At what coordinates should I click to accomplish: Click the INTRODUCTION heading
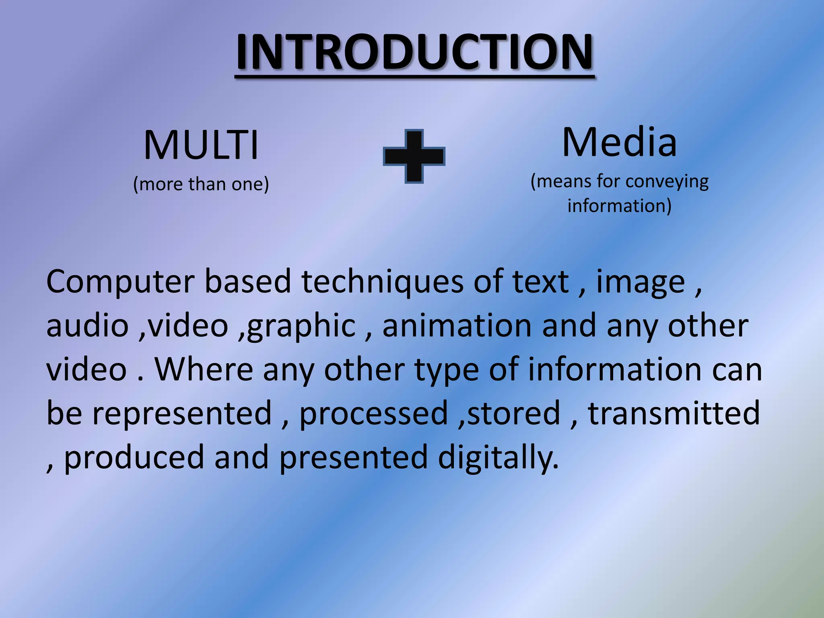[414, 52]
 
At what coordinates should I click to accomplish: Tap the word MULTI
[201, 146]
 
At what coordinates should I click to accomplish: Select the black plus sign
[414, 156]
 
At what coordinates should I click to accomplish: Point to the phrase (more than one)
[201, 184]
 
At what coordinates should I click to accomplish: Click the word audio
[87, 325]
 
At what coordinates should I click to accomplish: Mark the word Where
[204, 369]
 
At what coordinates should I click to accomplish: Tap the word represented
[182, 413]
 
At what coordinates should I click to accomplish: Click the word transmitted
[674, 413]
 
